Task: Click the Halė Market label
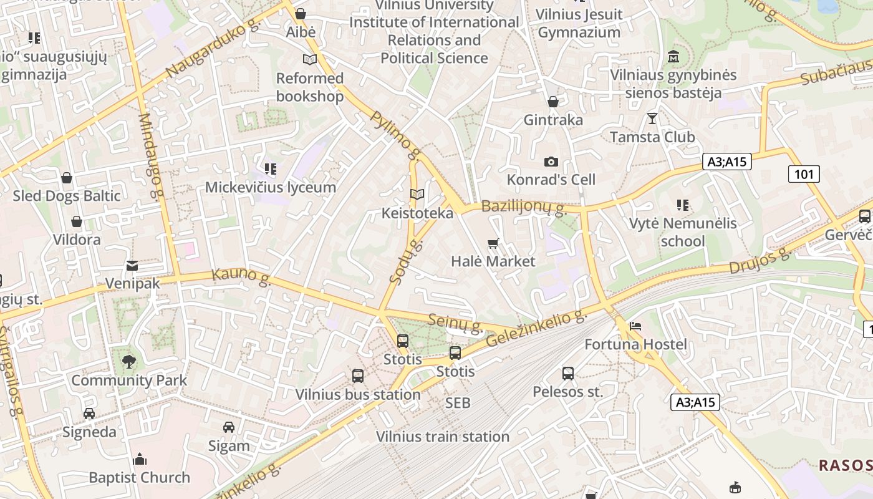pos(493,261)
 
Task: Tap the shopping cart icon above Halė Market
pos(493,243)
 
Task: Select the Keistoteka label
pos(417,213)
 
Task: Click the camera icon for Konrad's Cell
pos(551,162)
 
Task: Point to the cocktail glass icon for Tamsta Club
pos(652,118)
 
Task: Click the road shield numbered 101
pos(804,174)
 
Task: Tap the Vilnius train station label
pos(442,437)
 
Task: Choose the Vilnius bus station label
pos(357,394)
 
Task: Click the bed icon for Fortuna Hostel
pos(635,326)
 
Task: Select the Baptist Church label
pos(139,478)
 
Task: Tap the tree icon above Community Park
pos(129,362)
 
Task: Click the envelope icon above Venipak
pos(132,266)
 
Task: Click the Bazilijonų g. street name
pos(523,207)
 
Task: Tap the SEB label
pos(458,404)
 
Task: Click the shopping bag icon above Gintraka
pos(553,102)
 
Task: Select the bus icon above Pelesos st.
pos(567,374)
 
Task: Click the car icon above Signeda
pos(89,414)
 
